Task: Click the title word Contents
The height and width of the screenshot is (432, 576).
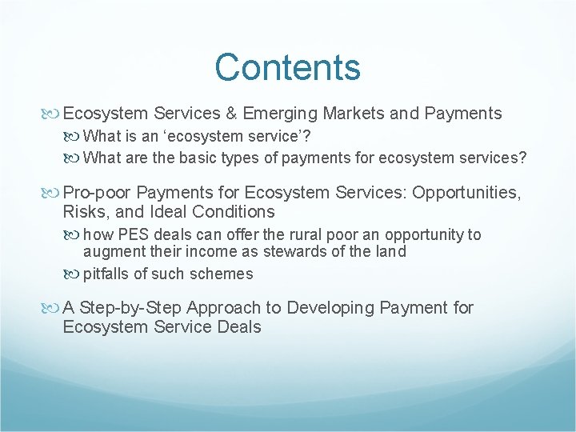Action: coord(287,68)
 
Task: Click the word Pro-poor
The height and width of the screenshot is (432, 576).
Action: coord(94,193)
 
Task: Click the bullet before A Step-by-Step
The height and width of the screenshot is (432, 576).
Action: coord(54,308)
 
